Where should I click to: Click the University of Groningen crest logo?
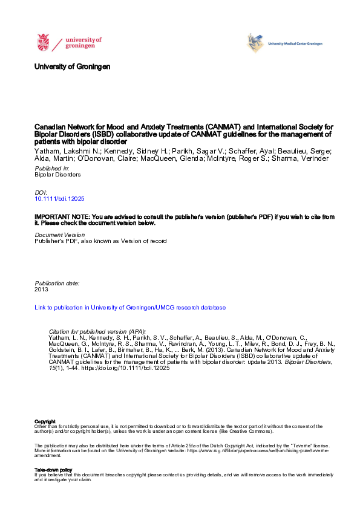coord(44,43)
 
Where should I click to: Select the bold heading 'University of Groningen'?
coord(73,66)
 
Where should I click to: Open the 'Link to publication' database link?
coord(130,308)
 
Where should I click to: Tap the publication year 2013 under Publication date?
coord(42,290)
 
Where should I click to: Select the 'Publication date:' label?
coord(57,283)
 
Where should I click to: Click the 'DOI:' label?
coord(41,192)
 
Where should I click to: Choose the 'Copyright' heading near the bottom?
coord(45,421)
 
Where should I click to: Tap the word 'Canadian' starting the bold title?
coord(50,128)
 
